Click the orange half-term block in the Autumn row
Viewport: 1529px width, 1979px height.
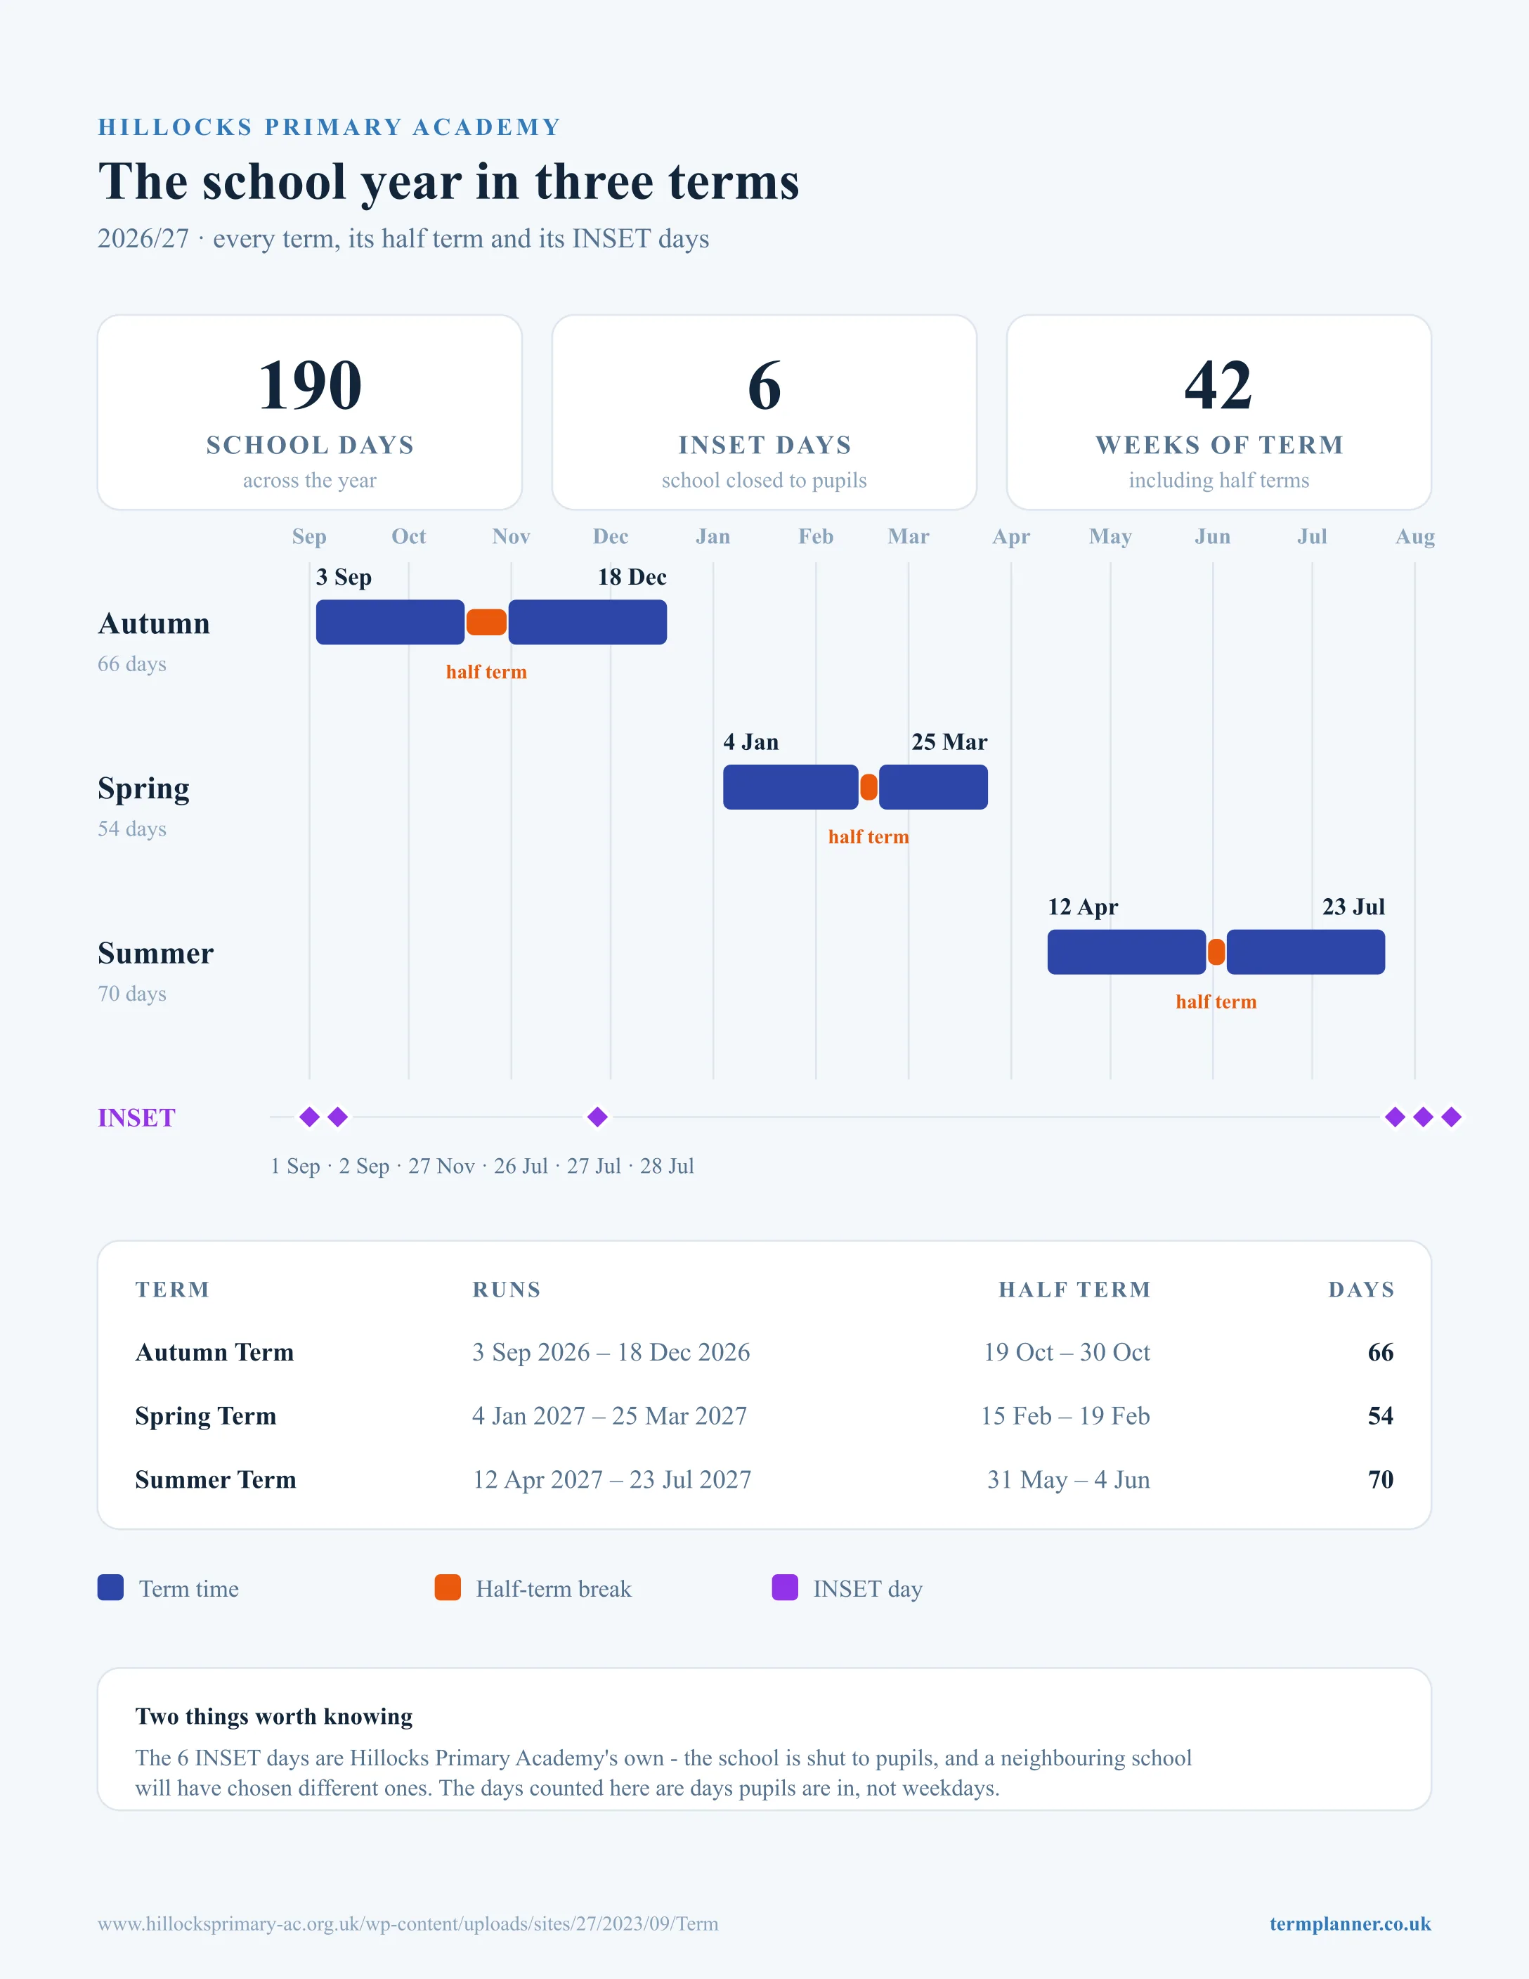(486, 623)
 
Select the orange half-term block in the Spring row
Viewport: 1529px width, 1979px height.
(868, 787)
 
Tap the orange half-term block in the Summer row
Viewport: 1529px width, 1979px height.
(1216, 952)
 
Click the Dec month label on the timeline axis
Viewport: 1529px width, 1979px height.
(611, 536)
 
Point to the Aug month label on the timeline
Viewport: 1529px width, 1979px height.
(1415, 536)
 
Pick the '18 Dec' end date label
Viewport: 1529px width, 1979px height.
(632, 577)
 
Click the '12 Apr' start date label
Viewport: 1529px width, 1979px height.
(1084, 907)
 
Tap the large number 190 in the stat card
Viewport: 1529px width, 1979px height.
(310, 385)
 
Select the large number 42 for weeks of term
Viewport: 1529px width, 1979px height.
(1218, 385)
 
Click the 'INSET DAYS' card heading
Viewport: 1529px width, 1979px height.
(764, 445)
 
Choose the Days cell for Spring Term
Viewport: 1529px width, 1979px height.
(1381, 1415)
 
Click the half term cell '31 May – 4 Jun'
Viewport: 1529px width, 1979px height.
(1068, 1480)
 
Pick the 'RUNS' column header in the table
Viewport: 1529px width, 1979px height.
(507, 1290)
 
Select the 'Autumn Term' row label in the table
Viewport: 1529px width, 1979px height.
(215, 1352)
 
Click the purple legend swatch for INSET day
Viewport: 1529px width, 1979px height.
(784, 1588)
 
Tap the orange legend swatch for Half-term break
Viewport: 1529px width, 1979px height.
(448, 1588)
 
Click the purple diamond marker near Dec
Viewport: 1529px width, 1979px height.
(597, 1117)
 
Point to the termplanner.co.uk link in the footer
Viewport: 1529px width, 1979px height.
(1350, 1923)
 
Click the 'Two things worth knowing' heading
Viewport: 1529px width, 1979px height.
(273, 1716)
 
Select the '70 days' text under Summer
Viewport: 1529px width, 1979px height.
(132, 994)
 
